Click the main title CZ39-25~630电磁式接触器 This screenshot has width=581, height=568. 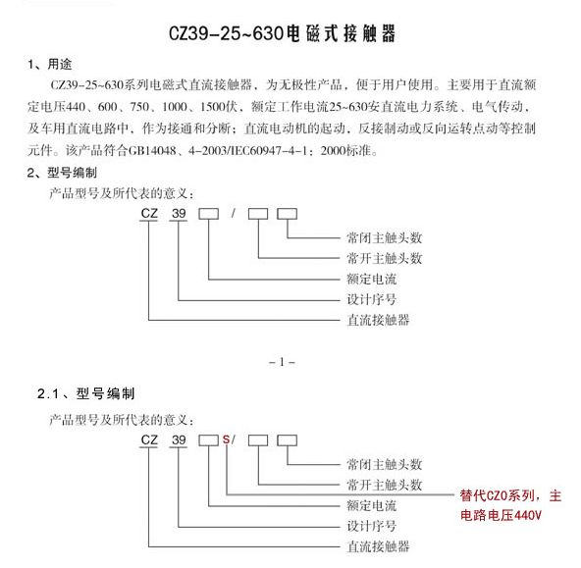point(282,33)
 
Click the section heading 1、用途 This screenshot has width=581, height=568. point(50,64)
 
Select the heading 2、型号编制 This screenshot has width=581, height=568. point(62,173)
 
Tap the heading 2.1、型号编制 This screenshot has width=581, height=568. point(85,393)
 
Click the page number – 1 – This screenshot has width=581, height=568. point(282,362)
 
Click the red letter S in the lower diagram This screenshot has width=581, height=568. point(226,439)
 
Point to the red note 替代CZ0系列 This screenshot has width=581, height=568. point(498,495)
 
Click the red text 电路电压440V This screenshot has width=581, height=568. point(501,515)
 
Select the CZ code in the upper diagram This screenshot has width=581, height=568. point(149,213)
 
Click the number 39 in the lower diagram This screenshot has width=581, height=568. point(179,439)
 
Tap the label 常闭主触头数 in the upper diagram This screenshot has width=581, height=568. point(385,237)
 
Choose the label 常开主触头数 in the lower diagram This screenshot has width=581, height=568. point(385,485)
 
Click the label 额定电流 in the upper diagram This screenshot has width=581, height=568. point(372,279)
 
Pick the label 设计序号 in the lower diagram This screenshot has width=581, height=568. point(372,526)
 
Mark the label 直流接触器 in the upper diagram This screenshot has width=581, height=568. point(378,320)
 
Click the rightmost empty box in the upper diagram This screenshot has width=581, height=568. point(288,214)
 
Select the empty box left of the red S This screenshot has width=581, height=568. point(209,440)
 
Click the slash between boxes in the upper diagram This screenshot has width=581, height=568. point(234,213)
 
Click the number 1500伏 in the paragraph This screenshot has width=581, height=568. point(218,107)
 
